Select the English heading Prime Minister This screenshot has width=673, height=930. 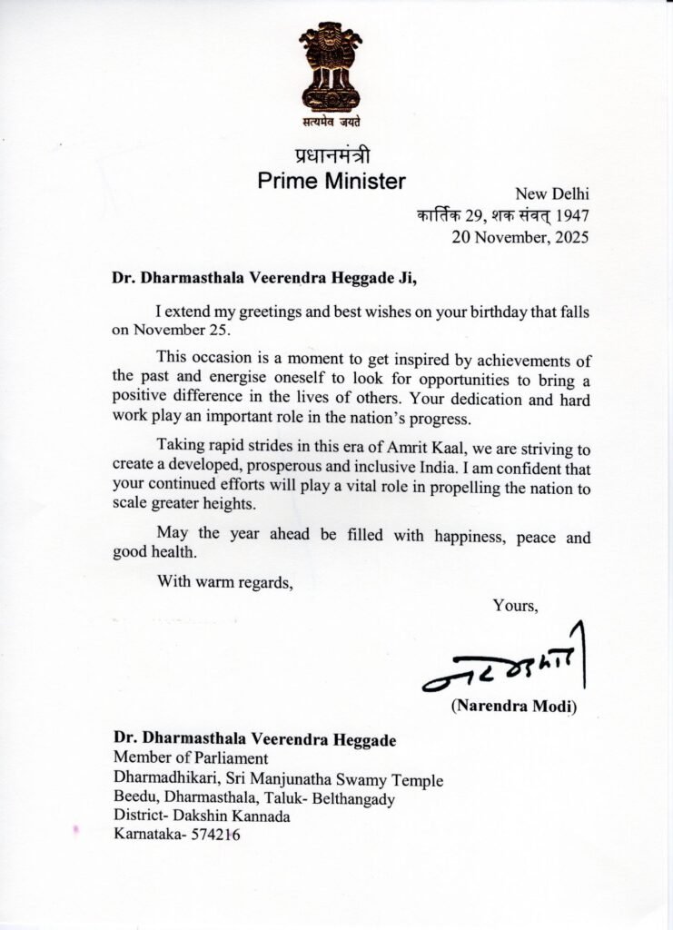pyautogui.click(x=332, y=181)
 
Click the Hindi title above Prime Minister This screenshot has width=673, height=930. pyautogui.click(x=332, y=154)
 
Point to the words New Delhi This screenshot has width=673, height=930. pyautogui.click(x=552, y=193)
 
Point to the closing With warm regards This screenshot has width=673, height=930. pyautogui.click(x=225, y=581)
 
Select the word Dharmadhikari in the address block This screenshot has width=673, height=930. pyautogui.click(x=163, y=779)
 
